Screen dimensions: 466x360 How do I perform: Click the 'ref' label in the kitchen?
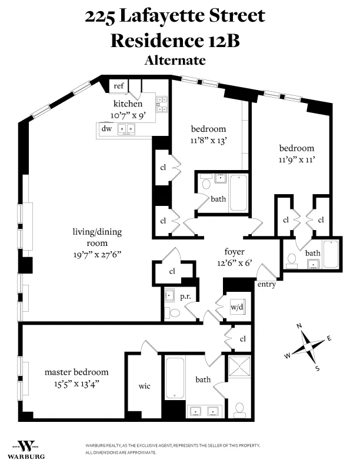tap(119, 86)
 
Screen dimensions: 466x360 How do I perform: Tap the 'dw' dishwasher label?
tap(106, 128)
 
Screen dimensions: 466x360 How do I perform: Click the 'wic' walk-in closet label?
tap(144, 386)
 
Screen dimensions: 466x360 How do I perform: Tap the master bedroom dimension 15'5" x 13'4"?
tap(76, 384)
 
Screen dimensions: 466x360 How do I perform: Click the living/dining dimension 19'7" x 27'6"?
tap(97, 254)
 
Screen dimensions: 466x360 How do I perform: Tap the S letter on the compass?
tap(317, 369)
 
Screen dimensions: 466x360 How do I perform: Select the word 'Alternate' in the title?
tap(175, 60)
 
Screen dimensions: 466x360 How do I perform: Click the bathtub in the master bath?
tap(175, 378)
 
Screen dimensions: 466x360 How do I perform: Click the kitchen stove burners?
tap(162, 104)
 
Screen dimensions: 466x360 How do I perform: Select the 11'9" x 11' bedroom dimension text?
tap(296, 159)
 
